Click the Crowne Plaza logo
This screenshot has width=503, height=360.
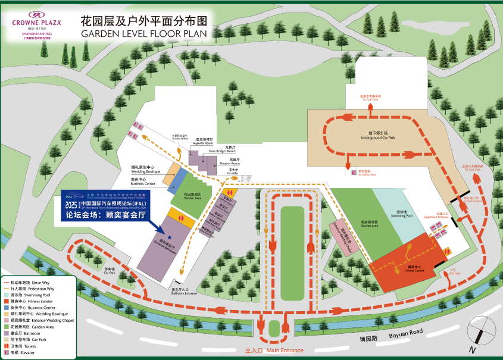point(36,23)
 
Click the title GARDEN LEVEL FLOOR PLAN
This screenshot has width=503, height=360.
point(143,34)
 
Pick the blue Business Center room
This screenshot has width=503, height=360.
point(176,181)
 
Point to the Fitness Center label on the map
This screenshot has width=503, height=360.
point(415,270)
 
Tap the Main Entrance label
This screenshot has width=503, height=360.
point(274,350)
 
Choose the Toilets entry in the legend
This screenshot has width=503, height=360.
point(23,346)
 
